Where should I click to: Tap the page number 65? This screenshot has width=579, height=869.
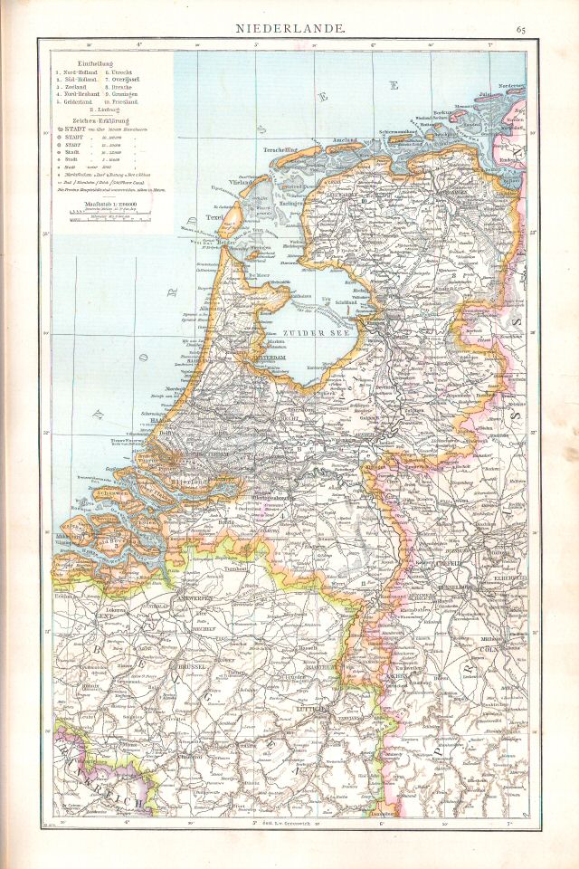(x=521, y=31)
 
